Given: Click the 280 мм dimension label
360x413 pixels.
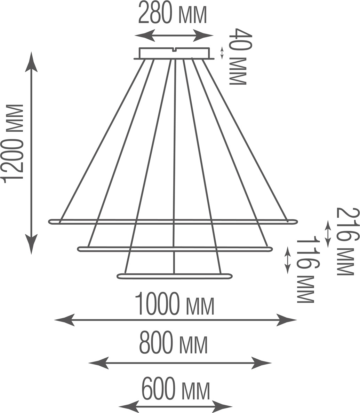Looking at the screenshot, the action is (173, 13).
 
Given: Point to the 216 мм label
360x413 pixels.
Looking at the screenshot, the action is (347, 241).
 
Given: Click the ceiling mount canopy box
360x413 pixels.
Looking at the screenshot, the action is (175, 53).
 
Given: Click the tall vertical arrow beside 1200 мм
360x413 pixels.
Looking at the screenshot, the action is (31, 153).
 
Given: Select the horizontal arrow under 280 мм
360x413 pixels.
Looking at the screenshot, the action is (174, 35).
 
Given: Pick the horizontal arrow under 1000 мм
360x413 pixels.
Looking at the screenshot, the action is (176, 320).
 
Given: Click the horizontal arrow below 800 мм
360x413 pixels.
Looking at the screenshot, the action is (180, 363).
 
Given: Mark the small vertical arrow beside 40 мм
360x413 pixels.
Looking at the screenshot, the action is (222, 53).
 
